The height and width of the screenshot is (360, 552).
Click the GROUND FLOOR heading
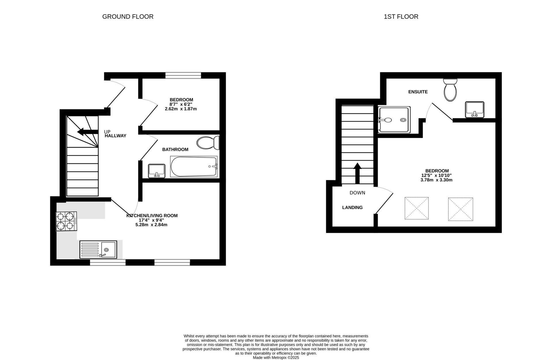128,17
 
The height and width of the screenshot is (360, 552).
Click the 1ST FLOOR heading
401,17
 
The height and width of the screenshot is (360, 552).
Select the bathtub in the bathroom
194,166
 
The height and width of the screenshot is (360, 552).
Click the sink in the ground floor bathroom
157,171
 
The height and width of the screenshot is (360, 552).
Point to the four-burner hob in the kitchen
66,221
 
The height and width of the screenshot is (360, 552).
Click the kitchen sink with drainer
98,249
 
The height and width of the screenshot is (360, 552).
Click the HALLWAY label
115,136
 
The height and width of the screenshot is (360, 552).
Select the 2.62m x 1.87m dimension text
181,109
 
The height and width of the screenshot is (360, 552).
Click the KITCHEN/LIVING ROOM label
152,215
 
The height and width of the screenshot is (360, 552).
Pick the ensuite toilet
450,90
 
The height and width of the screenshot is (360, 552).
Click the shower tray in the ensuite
394,120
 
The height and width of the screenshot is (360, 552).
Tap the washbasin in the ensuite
475,109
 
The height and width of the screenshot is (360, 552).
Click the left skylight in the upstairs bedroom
416,208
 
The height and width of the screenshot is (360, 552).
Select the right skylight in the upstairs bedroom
460,209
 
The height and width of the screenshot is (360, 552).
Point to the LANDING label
352,207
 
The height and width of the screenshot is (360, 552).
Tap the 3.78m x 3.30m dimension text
436,180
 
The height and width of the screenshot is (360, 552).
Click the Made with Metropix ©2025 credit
276,358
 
